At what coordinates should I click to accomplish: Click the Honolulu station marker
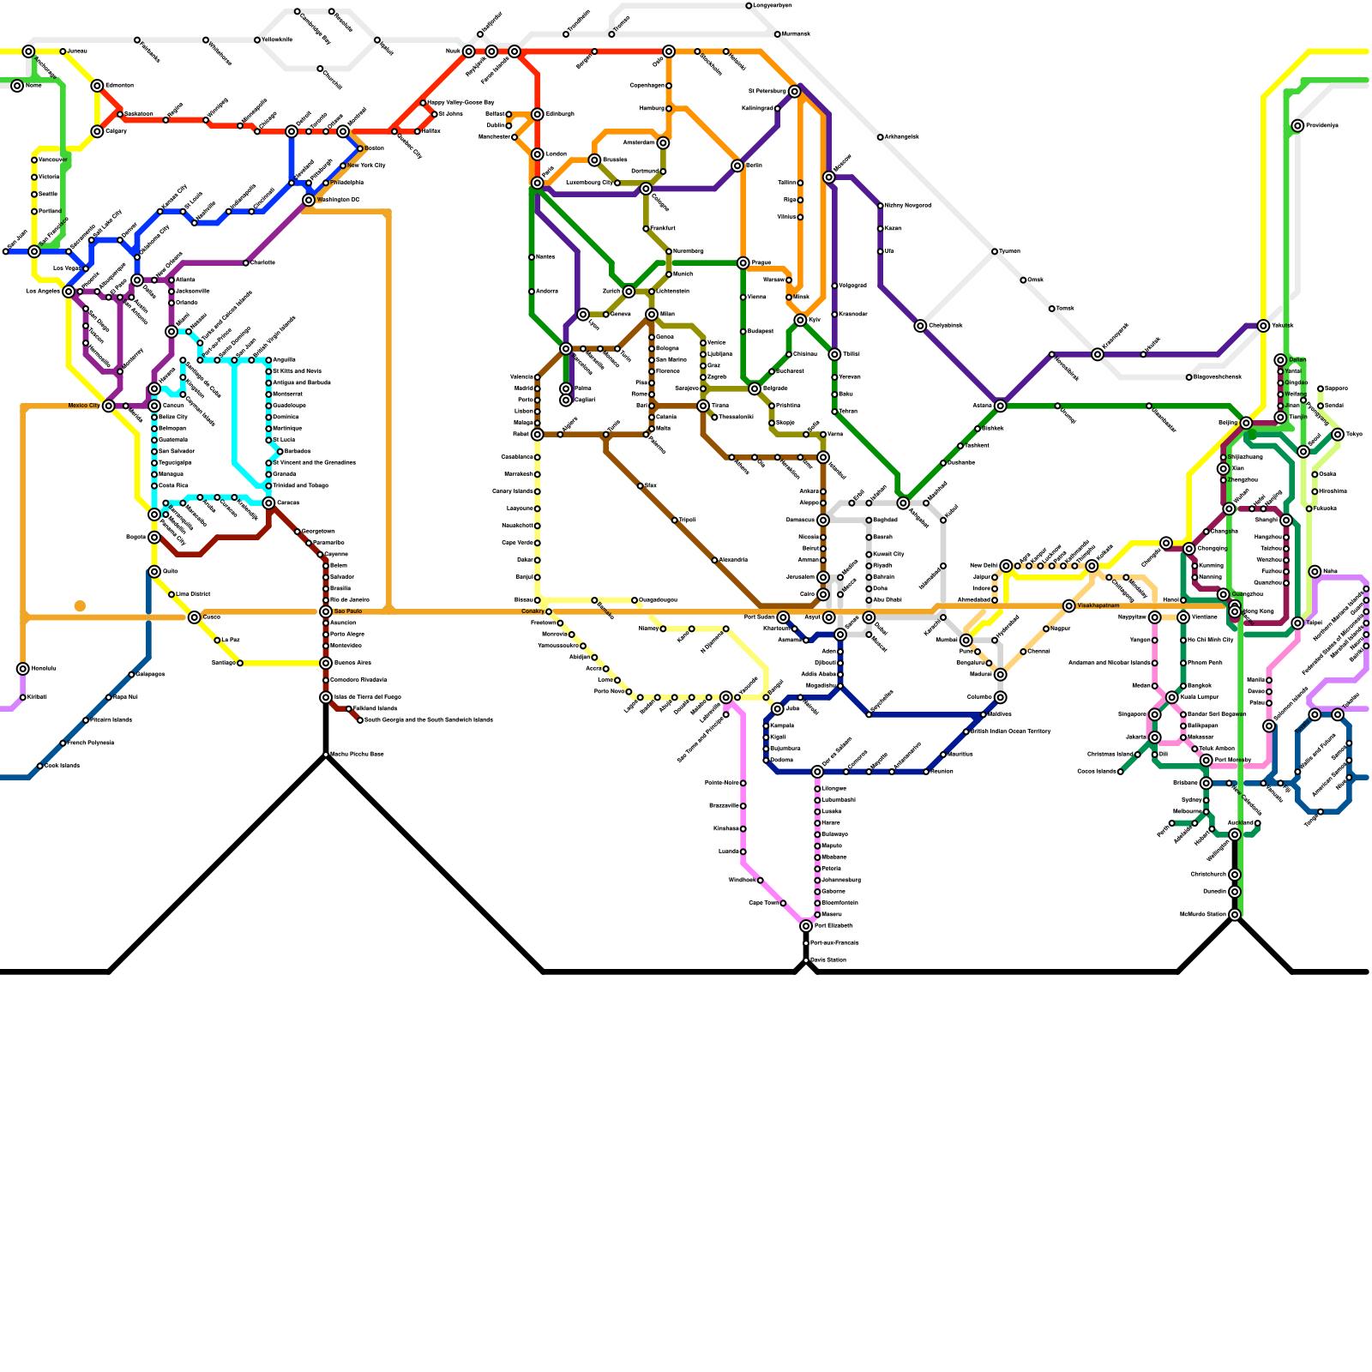pyautogui.click(x=23, y=669)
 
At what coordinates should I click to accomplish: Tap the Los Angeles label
pyautogui.click(x=43, y=292)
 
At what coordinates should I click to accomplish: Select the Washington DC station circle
pyautogui.click(x=309, y=201)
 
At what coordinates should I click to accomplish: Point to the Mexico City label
pyautogui.click(x=84, y=406)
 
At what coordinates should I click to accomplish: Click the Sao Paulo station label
pyautogui.click(x=348, y=611)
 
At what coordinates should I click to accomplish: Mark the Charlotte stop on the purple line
pyautogui.click(x=246, y=263)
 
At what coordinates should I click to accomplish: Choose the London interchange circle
pyautogui.click(x=538, y=154)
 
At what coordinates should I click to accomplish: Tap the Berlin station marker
pyautogui.click(x=737, y=165)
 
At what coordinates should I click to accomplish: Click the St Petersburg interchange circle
pyautogui.click(x=795, y=92)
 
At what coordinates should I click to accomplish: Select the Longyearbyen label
pyautogui.click(x=773, y=6)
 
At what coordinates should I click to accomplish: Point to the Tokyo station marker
pyautogui.click(x=1338, y=435)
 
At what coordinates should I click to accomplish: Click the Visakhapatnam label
pyautogui.click(x=1098, y=605)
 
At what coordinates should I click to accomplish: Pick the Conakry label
pyautogui.click(x=533, y=611)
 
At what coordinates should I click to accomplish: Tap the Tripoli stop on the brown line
pyautogui.click(x=675, y=521)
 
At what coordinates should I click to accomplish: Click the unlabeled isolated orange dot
pyautogui.click(x=80, y=606)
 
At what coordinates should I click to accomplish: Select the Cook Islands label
pyautogui.click(x=63, y=766)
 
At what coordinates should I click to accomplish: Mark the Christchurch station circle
pyautogui.click(x=1235, y=875)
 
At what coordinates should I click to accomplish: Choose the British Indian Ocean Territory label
pyautogui.click(x=1011, y=731)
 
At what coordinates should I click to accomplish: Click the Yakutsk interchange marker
pyautogui.click(x=1263, y=326)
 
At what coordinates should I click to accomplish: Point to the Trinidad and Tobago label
pyautogui.click(x=301, y=485)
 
